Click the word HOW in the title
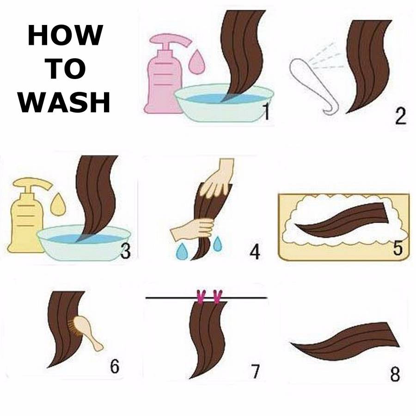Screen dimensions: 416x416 (x=65, y=35)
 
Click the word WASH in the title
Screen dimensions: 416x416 (x=64, y=103)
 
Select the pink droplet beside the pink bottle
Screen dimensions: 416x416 (x=197, y=61)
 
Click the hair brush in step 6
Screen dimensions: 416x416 (x=86, y=331)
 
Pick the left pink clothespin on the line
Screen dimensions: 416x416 (x=201, y=296)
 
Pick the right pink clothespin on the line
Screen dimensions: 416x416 (x=218, y=296)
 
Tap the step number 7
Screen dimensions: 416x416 (x=255, y=372)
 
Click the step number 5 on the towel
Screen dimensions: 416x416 (x=398, y=247)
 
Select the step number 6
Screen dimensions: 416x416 (x=115, y=366)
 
